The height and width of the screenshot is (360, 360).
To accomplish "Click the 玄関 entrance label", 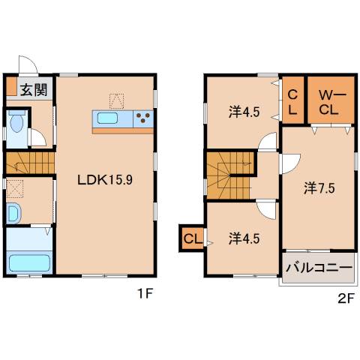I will pyautogui.click(x=31, y=90).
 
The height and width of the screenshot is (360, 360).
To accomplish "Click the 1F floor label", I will pyautogui.click(x=145, y=295).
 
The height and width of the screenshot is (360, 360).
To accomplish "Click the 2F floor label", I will pyautogui.click(x=344, y=297).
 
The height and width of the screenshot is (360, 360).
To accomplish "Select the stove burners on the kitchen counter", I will pyautogui.click(x=144, y=118).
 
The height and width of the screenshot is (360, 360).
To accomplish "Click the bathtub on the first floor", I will pyautogui.click(x=28, y=263).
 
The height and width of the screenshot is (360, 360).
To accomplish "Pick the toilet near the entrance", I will pyautogui.click(x=16, y=124).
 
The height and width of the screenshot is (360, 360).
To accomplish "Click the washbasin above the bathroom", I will pyautogui.click(x=14, y=214).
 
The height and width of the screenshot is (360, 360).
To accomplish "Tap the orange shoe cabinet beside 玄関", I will pyautogui.click(x=11, y=86).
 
